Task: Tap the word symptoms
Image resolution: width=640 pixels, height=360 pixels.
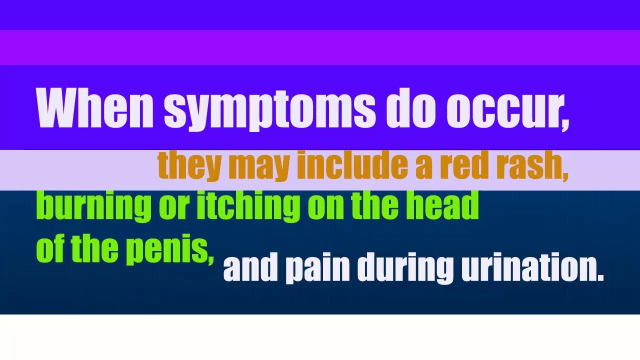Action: (x=269, y=108)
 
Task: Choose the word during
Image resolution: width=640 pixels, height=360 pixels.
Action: (x=405, y=268)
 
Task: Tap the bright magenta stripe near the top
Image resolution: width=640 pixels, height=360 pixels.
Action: (x=320, y=47)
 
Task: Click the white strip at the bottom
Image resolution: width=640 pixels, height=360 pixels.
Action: (x=320, y=337)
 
